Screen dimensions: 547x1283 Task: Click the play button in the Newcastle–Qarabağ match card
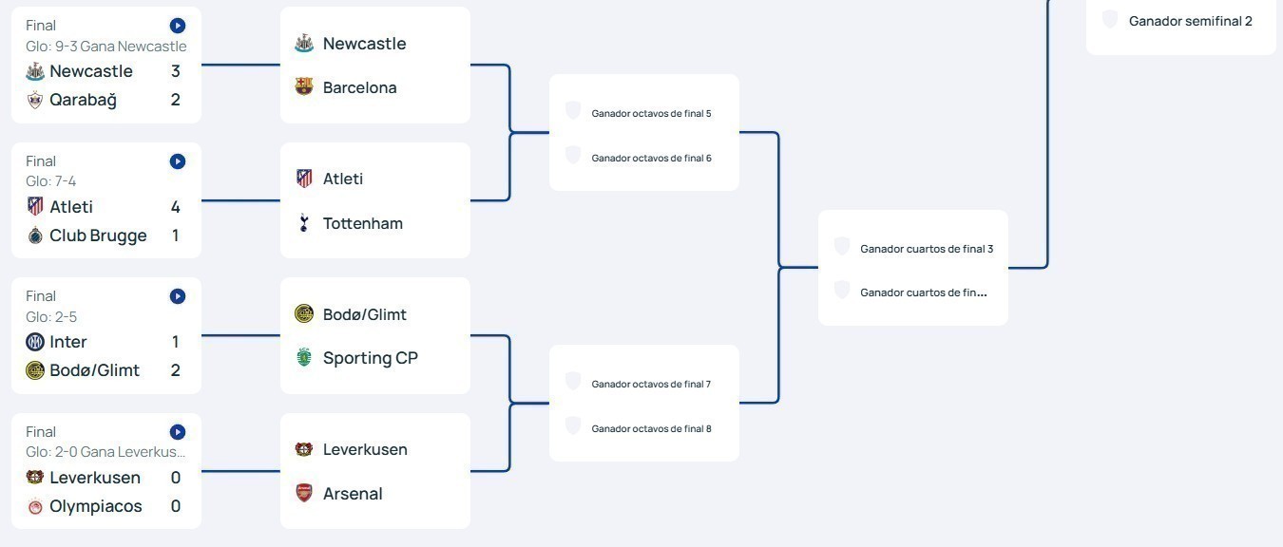178,26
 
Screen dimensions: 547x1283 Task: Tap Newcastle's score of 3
175,71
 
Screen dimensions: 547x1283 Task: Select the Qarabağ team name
83,100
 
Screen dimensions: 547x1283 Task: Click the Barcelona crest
304,87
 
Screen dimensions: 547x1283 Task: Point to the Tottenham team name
362,223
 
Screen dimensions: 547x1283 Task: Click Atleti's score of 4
175,207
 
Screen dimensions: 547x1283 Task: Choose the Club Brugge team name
98,236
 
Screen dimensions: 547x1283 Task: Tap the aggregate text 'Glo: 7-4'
51,181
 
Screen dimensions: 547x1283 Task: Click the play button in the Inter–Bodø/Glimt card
178,296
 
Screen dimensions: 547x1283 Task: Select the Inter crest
35,342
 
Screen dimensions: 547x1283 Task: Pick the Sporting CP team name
370,358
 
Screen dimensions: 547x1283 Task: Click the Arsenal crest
304,494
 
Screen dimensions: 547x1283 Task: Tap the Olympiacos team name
95,506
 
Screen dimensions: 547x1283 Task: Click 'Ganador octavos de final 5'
651,113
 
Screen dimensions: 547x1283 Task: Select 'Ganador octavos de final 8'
651,428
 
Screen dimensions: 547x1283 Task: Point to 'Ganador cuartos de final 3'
927,249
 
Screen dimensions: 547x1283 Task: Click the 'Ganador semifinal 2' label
1190,21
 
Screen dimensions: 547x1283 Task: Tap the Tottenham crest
304,223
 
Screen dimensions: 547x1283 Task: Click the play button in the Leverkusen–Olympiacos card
178,432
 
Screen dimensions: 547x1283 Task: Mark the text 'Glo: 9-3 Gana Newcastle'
105,47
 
